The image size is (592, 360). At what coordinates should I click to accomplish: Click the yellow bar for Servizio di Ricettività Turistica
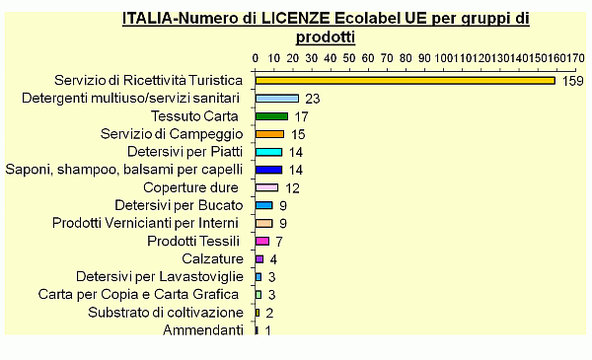[x=405, y=81]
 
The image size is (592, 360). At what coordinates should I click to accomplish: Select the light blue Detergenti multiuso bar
[x=277, y=99]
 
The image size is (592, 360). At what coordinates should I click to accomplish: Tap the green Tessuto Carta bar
[x=271, y=116]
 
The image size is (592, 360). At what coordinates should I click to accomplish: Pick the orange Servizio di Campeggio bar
[x=269, y=134]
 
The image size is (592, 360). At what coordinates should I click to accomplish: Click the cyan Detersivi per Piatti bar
[x=268, y=152]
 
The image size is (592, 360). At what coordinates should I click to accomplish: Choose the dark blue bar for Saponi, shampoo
[x=268, y=170]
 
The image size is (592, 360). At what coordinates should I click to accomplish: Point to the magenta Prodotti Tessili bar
[x=262, y=241]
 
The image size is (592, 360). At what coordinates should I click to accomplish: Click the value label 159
[x=573, y=81]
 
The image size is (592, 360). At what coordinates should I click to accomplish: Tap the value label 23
[x=314, y=99]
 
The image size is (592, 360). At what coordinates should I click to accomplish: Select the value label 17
[x=302, y=116]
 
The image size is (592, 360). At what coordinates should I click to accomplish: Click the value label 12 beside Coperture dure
[x=292, y=187]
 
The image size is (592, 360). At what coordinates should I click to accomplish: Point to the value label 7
[x=279, y=241]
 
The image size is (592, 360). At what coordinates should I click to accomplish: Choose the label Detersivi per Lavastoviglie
[x=159, y=276]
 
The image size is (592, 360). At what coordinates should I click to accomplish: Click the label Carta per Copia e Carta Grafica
[x=138, y=294]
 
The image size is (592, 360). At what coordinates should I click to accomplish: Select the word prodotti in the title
[x=327, y=36]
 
